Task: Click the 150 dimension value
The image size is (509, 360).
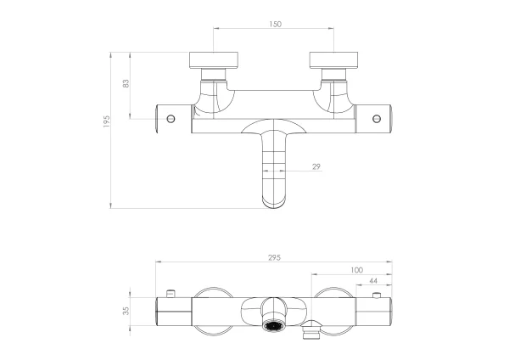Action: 275,24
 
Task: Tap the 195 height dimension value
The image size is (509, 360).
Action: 107,121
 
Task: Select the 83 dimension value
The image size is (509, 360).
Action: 126,83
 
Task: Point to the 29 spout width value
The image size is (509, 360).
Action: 316,166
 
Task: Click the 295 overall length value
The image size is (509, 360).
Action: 274,257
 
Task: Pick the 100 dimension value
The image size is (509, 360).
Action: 356,270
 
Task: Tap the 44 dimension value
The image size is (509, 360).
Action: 373,281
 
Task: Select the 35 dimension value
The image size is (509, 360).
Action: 126,311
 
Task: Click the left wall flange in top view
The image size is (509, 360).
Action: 214,60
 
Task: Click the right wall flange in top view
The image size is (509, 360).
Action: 333,60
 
